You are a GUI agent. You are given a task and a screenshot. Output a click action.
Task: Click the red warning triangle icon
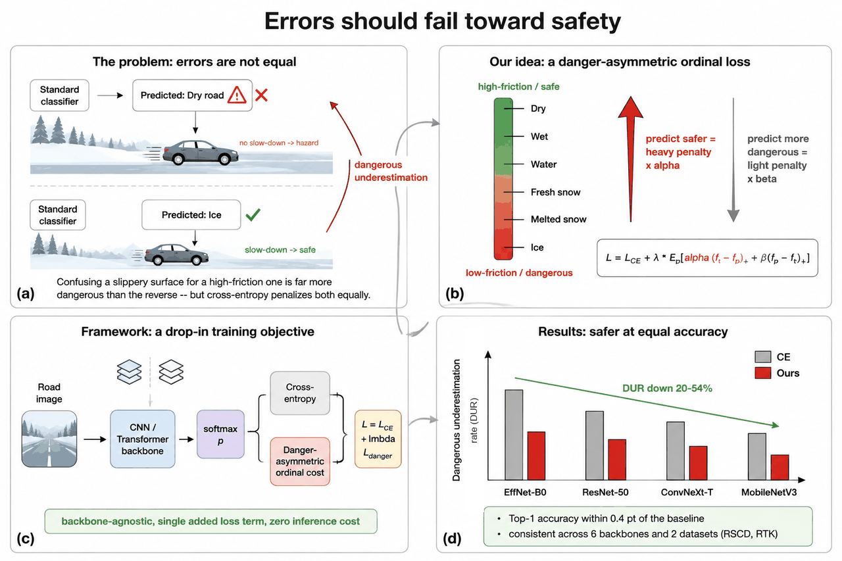click(x=236, y=95)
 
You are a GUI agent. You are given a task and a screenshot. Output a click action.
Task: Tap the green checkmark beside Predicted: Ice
click(x=253, y=214)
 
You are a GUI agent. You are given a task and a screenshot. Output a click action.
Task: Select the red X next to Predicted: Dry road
click(x=261, y=95)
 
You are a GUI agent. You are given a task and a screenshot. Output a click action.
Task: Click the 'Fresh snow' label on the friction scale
click(x=555, y=192)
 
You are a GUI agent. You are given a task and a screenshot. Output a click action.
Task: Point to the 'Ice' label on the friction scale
click(x=537, y=247)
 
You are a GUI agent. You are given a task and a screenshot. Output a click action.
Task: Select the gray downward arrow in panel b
click(x=733, y=160)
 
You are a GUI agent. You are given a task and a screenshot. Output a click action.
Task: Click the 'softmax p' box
click(x=220, y=434)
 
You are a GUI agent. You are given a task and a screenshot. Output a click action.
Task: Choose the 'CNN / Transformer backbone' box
click(x=143, y=439)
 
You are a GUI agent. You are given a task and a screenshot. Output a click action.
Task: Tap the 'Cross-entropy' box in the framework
click(x=299, y=393)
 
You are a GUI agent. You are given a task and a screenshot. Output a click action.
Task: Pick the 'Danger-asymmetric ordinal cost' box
click(x=299, y=461)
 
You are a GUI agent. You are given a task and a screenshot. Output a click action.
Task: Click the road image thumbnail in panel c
click(x=49, y=439)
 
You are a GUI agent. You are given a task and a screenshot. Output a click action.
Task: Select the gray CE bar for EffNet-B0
click(x=514, y=435)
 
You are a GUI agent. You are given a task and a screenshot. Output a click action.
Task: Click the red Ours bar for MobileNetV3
click(x=780, y=467)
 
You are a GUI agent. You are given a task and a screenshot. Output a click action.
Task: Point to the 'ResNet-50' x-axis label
click(x=605, y=492)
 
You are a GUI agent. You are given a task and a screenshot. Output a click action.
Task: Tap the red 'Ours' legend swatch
click(x=762, y=373)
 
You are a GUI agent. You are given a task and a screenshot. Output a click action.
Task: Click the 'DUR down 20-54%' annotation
click(x=667, y=388)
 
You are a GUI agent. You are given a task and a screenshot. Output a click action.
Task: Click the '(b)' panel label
click(x=455, y=293)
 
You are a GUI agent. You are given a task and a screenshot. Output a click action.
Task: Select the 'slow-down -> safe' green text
click(x=280, y=250)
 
